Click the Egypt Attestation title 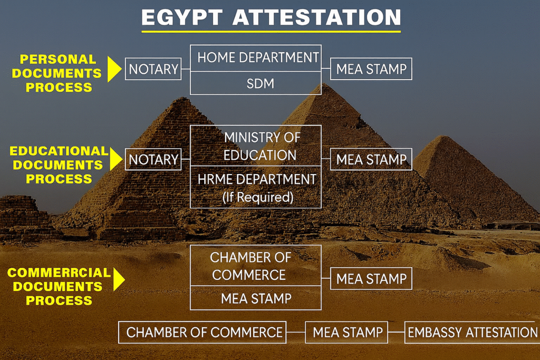pos(271,17)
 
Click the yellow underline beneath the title pos(271,31)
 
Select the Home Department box pos(256,58)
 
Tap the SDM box pos(256,83)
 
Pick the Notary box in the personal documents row pos(153,69)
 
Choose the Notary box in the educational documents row pos(153,159)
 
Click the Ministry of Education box pos(256,145)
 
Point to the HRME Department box pos(256,187)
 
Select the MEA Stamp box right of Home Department pos(371,69)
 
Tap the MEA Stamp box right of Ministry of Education pos(371,159)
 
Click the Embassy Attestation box pos(472,332)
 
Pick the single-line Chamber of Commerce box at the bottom pos(202,332)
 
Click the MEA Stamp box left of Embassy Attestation pos(346,332)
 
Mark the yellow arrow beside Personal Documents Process pos(114,69)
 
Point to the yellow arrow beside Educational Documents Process pos(116,159)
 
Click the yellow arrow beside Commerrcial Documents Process pos(119,279)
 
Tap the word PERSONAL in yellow pos(58,59)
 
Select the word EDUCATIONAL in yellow pos(59,151)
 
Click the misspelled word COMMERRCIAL pos(59,273)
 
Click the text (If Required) pos(258,197)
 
